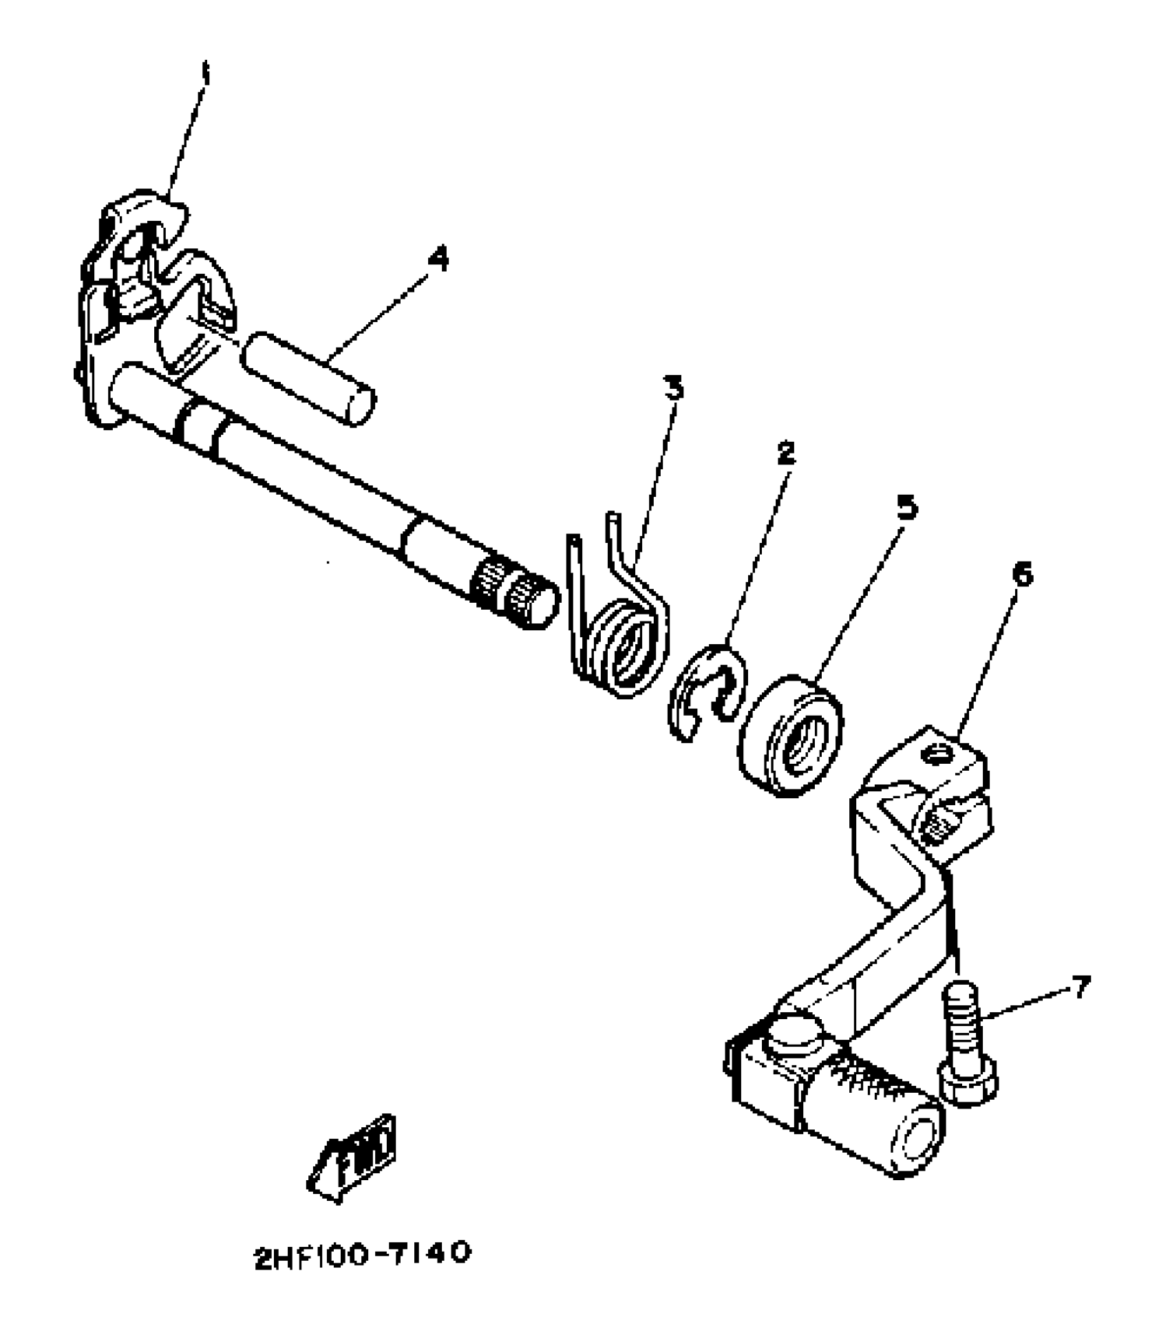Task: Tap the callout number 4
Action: click(438, 259)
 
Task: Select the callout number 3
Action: click(674, 388)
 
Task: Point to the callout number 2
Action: click(785, 452)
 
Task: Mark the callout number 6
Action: click(1023, 574)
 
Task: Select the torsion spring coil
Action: click(624, 647)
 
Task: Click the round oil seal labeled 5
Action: click(791, 736)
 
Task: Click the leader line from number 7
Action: click(1025, 1003)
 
